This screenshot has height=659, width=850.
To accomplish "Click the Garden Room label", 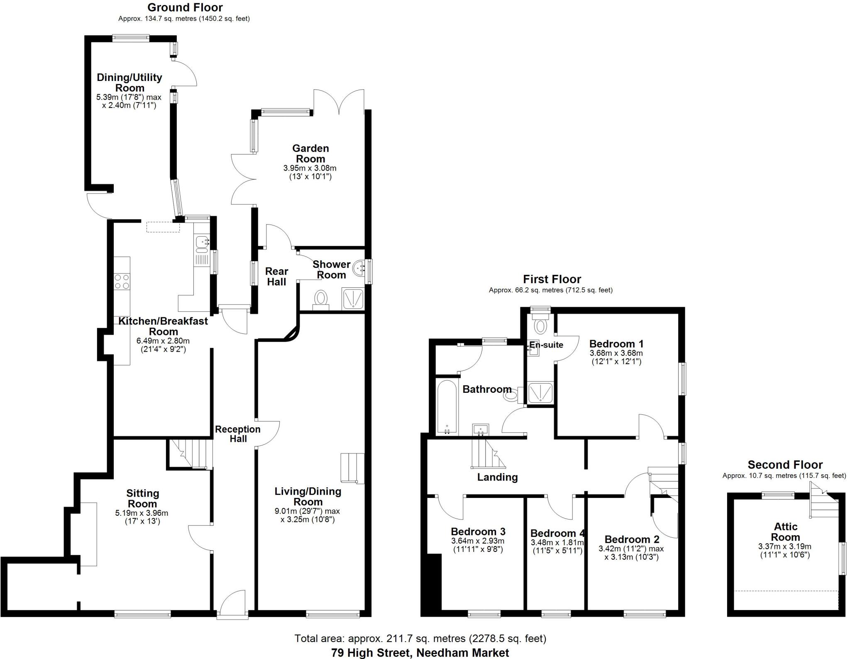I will [x=310, y=154].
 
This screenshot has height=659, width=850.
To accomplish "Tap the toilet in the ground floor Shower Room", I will [x=320, y=300].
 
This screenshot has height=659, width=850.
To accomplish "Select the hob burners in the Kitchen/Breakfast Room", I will [x=122, y=281].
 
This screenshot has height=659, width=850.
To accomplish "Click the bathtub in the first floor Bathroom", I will [x=447, y=407].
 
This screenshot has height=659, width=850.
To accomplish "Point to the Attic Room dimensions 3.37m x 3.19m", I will [x=784, y=546].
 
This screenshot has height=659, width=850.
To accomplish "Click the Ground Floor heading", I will [x=185, y=7].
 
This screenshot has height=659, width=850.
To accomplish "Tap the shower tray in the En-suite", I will [x=540, y=392].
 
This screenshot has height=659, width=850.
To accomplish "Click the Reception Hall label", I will [x=237, y=434].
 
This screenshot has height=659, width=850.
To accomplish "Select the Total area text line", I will [x=420, y=638].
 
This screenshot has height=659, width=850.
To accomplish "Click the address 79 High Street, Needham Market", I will [x=420, y=653].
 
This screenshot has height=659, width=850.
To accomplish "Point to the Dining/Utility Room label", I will [x=129, y=82].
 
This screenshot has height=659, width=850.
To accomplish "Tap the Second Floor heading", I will [x=785, y=465].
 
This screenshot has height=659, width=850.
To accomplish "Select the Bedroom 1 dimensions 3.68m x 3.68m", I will [x=616, y=353].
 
